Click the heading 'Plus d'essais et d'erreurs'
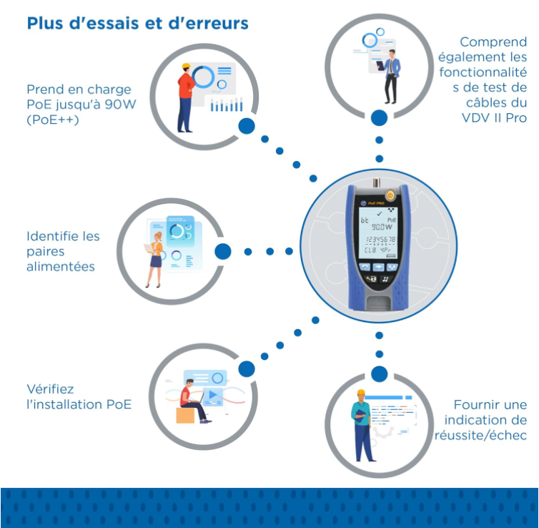pos(137,24)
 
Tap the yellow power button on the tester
pos(390,196)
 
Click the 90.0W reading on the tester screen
pos(382,227)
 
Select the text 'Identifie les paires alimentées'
pos(63,251)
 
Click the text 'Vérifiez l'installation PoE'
pos(79,396)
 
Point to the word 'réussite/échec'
pos(480,435)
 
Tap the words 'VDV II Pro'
pos(494,117)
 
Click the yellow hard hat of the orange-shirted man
pos(187,66)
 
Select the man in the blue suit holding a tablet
pos(390,77)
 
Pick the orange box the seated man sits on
pos(185,415)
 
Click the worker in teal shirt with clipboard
pos(362,426)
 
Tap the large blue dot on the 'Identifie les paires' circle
pos(223,251)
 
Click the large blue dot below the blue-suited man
pos(379,118)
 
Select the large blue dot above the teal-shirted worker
pos(379,374)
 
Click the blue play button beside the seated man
pos(213,394)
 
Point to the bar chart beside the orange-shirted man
pos(227,105)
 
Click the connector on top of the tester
pos(377,182)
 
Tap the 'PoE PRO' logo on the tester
pos(372,203)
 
